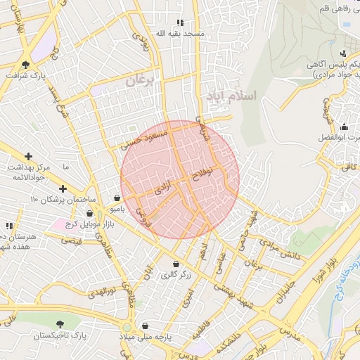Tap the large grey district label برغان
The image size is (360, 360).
(x=139, y=82)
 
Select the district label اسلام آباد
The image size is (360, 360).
(x=233, y=94)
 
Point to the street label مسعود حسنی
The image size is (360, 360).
(x=144, y=137)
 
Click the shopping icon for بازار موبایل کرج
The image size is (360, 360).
(x=89, y=213)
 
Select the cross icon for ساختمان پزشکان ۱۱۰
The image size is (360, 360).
(x=63, y=188)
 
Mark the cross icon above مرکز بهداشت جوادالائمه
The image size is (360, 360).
(x=28, y=156)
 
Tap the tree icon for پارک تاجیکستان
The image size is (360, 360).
(x=60, y=324)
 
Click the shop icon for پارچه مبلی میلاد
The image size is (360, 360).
(x=145, y=326)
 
